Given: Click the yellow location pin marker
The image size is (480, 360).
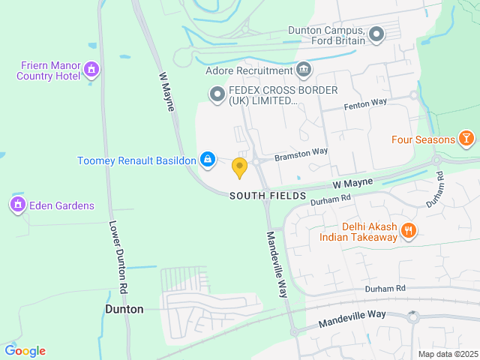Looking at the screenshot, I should coord(239,168).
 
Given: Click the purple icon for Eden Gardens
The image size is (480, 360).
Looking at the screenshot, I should coord(17,205).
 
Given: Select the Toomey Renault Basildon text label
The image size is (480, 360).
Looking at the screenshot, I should coord(136,160).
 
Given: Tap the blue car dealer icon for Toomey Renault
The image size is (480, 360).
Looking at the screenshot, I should coord(208,160).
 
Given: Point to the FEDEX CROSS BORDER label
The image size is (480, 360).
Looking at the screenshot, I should coord(283,95).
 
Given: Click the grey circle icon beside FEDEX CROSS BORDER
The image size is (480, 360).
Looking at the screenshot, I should coord(217,94).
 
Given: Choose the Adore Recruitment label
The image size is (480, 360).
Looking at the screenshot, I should coord(248,71).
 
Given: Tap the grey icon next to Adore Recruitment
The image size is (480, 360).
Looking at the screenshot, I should coord(304,70).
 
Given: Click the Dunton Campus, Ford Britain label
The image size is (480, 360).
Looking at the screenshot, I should coord(326,35).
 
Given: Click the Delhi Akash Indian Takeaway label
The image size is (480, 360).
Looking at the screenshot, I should coord(358,232).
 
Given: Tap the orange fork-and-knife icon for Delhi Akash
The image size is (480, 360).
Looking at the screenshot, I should coord(409,231).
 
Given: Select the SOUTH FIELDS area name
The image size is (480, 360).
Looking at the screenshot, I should coord(268,196).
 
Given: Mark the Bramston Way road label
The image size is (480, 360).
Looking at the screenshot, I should coord(301,154).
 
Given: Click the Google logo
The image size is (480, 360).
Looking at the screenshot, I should coord(25,351).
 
